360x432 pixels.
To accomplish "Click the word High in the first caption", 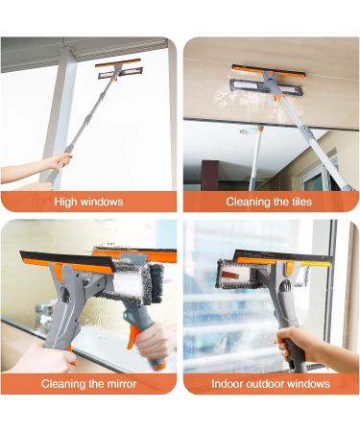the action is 65,203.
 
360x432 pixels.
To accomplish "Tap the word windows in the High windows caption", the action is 102,202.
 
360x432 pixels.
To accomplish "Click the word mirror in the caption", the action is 122,384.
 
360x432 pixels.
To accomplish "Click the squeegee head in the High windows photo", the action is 119,69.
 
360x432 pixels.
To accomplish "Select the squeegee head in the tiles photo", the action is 267,81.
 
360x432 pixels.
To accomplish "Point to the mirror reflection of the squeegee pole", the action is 255,157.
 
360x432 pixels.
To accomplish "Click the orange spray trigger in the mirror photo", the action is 132,336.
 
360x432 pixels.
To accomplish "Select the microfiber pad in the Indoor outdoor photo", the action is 237,273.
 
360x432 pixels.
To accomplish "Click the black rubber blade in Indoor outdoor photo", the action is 283,255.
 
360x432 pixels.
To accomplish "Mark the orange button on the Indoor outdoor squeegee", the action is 289,268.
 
